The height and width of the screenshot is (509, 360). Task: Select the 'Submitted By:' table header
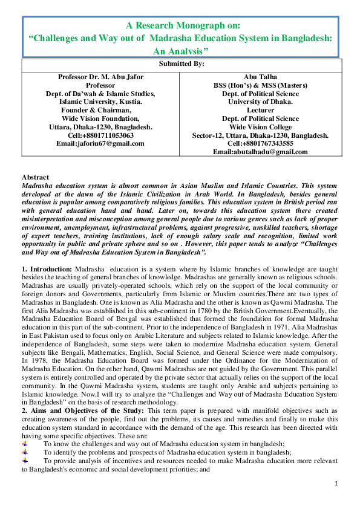pos(181,63)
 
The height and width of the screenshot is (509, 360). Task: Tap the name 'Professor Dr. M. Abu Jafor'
pos(100,77)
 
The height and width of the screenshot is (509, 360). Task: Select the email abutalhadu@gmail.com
pos(260,152)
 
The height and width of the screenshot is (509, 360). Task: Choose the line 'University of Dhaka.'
pos(260,102)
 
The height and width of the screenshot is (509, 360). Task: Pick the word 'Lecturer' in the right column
pos(260,111)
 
